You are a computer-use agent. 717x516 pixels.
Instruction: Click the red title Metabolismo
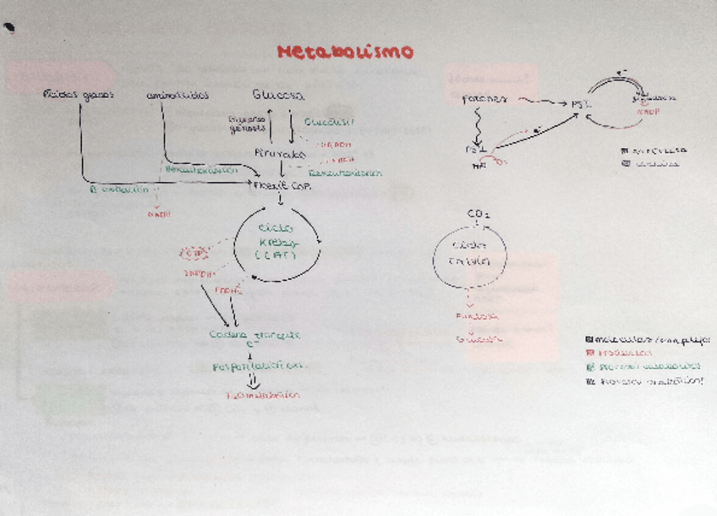[346, 52]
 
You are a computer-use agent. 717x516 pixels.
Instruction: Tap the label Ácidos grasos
[78, 95]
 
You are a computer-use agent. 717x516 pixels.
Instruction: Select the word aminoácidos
[178, 95]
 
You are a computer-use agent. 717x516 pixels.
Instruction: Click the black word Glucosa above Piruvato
[278, 95]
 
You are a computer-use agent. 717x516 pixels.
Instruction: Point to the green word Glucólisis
[329, 120]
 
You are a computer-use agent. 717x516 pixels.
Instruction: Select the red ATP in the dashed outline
[194, 252]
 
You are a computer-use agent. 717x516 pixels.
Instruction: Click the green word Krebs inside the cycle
[278, 243]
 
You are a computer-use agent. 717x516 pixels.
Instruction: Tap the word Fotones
[485, 100]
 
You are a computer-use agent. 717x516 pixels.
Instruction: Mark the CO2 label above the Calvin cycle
[479, 214]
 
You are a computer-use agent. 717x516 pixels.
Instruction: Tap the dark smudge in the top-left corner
[9, 27]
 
